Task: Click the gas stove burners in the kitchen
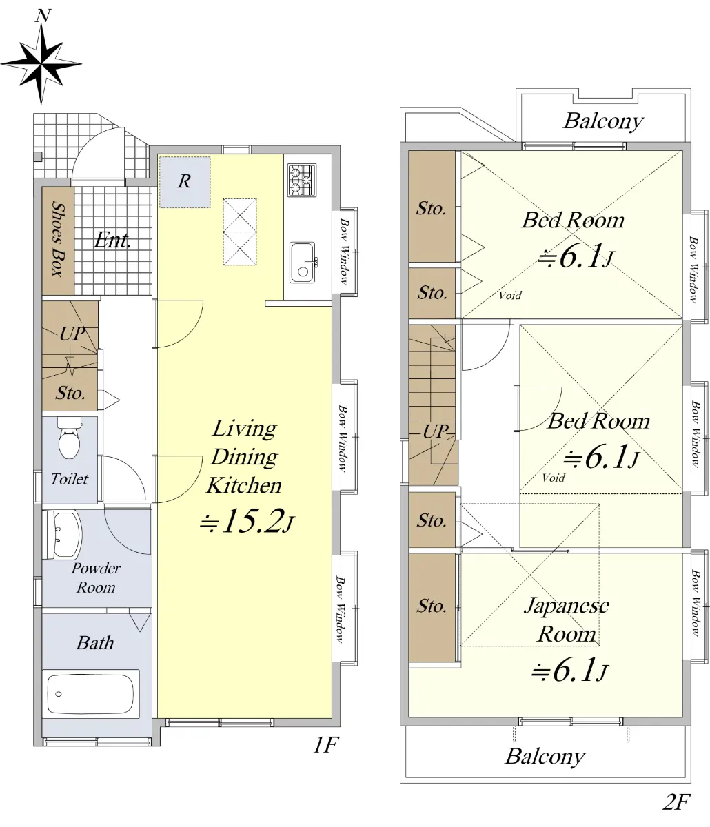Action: click(x=302, y=180)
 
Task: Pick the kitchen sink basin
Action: click(x=303, y=263)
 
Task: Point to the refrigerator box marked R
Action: click(x=185, y=182)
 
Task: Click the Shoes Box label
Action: click(x=59, y=239)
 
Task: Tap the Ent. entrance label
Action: click(x=112, y=241)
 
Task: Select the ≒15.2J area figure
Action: click(x=247, y=522)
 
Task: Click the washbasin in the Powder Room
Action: click(x=63, y=535)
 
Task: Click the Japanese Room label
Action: click(x=567, y=620)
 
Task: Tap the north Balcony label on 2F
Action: click(x=604, y=121)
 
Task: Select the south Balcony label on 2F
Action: click(x=545, y=757)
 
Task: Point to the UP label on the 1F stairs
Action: click(x=72, y=334)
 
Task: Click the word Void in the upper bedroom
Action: click(x=510, y=296)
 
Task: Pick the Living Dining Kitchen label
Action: click(x=245, y=456)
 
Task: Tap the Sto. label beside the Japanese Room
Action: click(x=432, y=606)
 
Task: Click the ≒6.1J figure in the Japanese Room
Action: click(x=569, y=669)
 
